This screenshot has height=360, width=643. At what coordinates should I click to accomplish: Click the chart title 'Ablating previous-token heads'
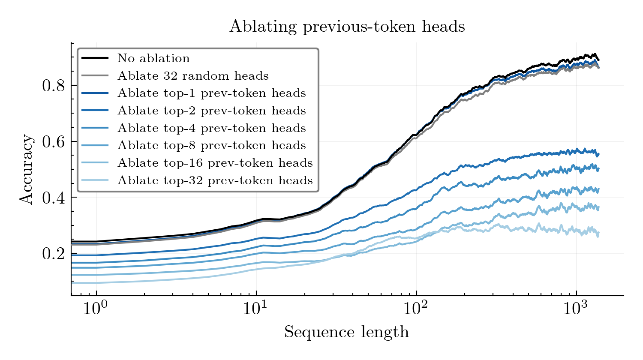coord(347,27)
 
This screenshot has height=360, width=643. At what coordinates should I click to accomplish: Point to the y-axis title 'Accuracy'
coord(26,169)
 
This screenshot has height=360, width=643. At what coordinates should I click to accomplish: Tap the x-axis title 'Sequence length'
coord(346,332)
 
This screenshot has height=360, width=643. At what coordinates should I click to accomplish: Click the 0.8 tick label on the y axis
coord(53,86)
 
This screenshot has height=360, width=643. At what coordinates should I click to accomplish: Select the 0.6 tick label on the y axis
coord(53,142)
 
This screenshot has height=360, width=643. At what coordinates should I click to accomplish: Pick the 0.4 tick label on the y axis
coord(53,198)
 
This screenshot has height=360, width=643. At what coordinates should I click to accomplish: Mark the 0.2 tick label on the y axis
coord(53,254)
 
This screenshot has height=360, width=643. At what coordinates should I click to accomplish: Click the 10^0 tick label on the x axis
coord(96,309)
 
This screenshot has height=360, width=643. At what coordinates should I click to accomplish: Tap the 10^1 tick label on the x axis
coord(256,309)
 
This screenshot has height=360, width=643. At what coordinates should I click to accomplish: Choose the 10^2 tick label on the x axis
coord(416,309)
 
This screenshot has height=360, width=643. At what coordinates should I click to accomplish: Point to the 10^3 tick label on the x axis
coord(576,309)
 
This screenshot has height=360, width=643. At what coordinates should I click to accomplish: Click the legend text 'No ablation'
coord(153,58)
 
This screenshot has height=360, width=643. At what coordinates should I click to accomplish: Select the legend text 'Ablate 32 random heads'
coord(193,76)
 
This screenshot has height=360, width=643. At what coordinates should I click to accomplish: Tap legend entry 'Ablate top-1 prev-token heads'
coord(212,93)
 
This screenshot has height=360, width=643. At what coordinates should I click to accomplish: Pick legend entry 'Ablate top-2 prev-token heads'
coord(212,111)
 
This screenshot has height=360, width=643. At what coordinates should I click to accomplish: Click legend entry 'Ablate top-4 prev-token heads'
coord(212,128)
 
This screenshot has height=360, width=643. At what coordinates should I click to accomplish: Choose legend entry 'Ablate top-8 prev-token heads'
coord(212,145)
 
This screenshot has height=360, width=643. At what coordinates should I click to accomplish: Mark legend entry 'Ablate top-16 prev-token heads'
coord(215,163)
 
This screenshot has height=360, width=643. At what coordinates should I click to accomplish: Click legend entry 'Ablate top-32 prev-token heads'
coord(215,180)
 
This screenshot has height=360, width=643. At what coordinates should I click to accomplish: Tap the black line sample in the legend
coord(95,58)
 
